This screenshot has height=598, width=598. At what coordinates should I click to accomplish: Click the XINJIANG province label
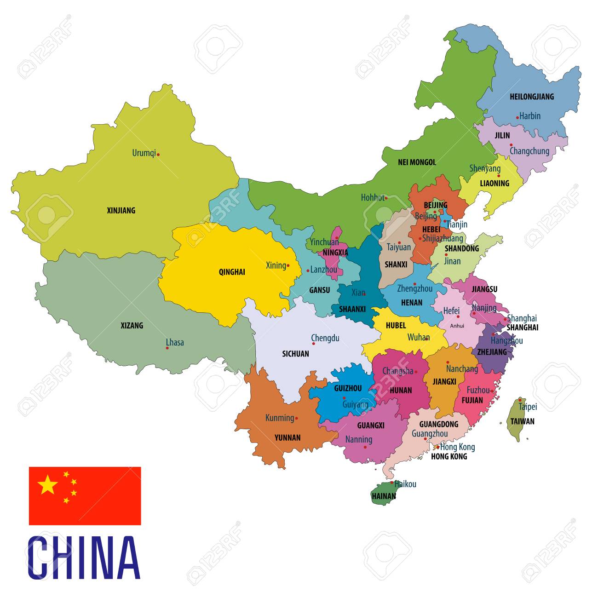click(x=121, y=211)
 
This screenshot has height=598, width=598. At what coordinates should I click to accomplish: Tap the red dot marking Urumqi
click(x=158, y=155)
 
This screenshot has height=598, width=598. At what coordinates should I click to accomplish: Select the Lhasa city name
click(x=175, y=342)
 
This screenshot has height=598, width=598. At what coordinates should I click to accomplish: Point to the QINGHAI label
click(x=232, y=272)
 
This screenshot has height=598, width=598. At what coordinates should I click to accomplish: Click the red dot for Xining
click(x=288, y=265)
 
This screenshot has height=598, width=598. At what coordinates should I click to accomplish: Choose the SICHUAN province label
click(x=295, y=354)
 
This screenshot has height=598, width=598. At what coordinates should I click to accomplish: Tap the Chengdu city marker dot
click(x=313, y=343)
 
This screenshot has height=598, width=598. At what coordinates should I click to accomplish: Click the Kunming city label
click(x=279, y=418)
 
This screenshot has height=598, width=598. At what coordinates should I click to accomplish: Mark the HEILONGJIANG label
click(x=532, y=97)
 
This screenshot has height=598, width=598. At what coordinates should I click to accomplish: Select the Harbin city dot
click(x=517, y=118)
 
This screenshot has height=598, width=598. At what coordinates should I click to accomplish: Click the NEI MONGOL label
click(x=417, y=162)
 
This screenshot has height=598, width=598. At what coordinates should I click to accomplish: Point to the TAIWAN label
click(x=522, y=421)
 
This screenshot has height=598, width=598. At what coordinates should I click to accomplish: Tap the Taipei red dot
click(x=520, y=400)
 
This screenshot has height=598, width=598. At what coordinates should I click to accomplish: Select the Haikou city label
click(x=405, y=484)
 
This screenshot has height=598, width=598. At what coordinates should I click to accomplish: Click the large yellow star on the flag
click(x=48, y=484)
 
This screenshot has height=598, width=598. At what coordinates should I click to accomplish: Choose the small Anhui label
click(x=457, y=326)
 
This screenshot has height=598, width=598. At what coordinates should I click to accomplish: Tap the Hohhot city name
click(x=372, y=197)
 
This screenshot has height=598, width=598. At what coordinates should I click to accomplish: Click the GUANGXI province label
click(x=371, y=425)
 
